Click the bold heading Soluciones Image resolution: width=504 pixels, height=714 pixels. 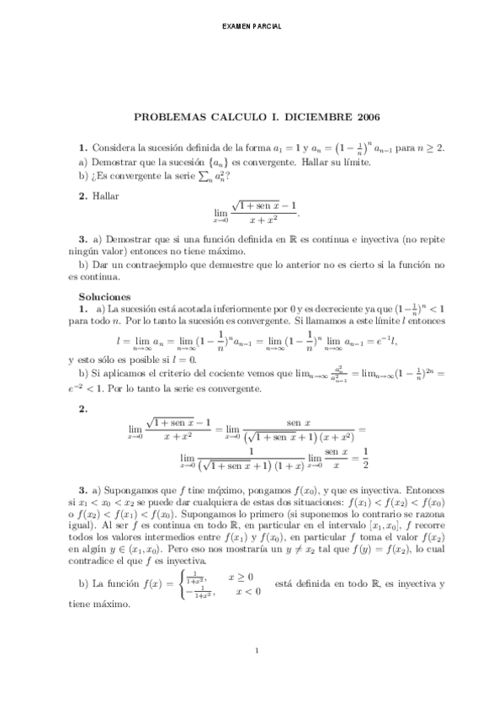(x=104, y=297)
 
